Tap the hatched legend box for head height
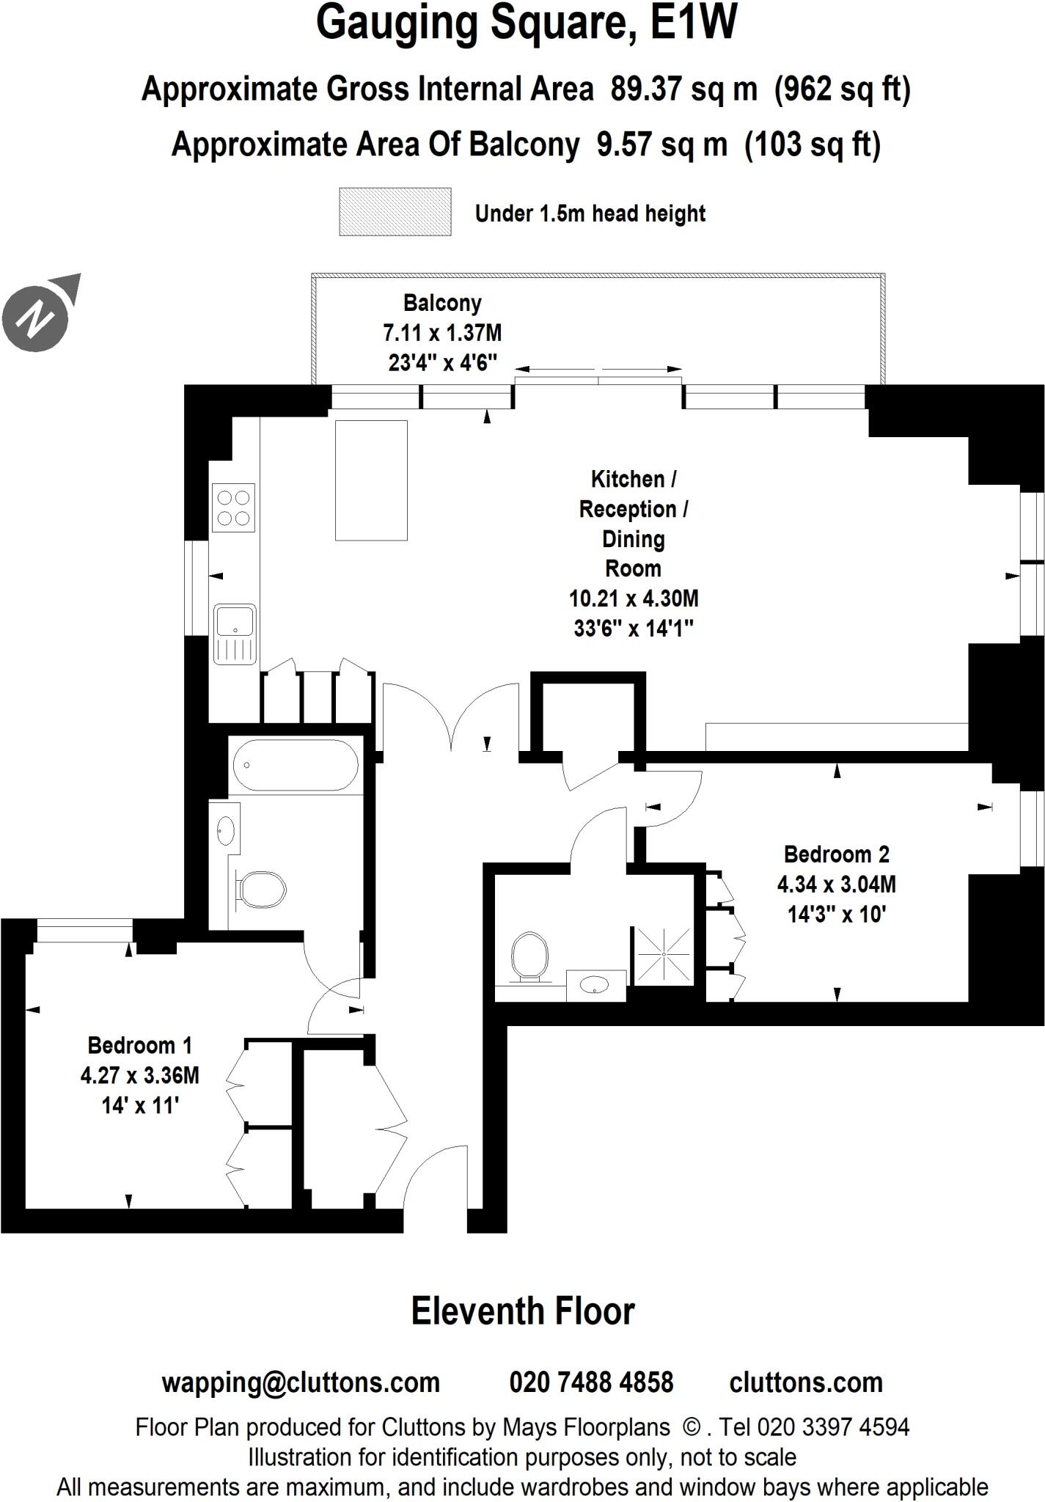point(395,212)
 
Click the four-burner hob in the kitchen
point(233,508)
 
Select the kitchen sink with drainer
point(235,633)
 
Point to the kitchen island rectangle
point(371,480)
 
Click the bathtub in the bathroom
point(296,764)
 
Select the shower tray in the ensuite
point(662,956)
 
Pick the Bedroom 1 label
point(139,1045)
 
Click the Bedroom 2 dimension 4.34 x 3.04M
point(836,884)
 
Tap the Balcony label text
point(442,303)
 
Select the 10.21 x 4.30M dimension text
point(634,598)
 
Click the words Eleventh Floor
point(522,1311)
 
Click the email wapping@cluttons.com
point(301,1382)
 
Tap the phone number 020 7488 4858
point(591,1382)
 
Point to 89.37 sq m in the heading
point(683,89)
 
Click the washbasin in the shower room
point(595,986)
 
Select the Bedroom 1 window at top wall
point(84,931)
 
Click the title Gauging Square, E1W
point(526,23)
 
